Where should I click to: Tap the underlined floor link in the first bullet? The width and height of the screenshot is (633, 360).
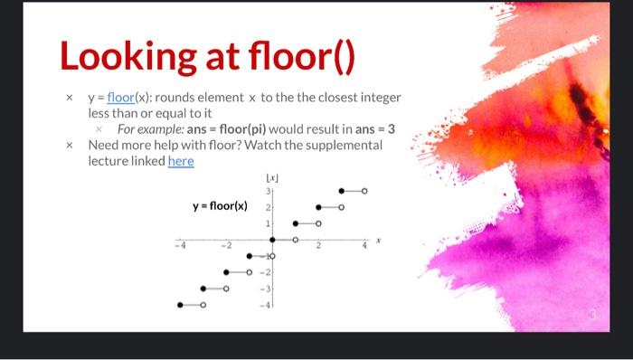pyautogui.click(x=120, y=98)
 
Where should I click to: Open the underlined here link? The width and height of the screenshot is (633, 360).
pyautogui.click(x=181, y=160)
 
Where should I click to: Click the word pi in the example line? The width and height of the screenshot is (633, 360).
pyautogui.click(x=278, y=129)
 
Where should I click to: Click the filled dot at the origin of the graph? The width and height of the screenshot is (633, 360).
pyautogui.click(x=273, y=240)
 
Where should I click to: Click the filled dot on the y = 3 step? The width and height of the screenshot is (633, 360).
pyautogui.click(x=341, y=191)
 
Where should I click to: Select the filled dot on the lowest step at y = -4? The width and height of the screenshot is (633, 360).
pyautogui.click(x=180, y=305)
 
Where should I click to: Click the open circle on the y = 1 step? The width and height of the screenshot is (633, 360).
pyautogui.click(x=318, y=223)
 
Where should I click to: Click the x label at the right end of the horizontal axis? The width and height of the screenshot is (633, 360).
pyautogui.click(x=381, y=241)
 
